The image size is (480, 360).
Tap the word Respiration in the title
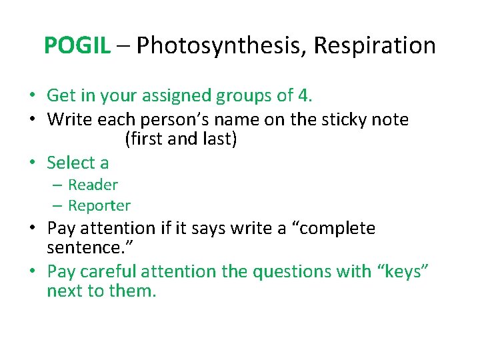[375, 45]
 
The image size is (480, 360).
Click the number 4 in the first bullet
[304, 95]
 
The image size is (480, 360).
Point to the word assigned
[180, 95]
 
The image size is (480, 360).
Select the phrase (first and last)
[181, 140]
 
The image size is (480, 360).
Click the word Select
[71, 163]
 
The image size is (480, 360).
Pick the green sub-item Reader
[93, 185]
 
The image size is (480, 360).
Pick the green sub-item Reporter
[99, 205]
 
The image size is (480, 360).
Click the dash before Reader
[59, 185]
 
